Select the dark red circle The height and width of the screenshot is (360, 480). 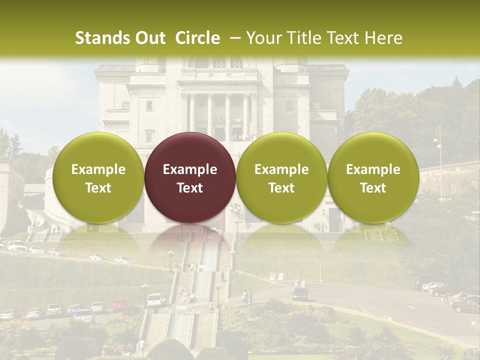[x=190, y=177]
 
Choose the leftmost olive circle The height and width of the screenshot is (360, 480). [x=98, y=177]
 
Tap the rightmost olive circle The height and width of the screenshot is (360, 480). [x=373, y=177]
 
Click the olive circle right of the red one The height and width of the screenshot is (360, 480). [x=281, y=177]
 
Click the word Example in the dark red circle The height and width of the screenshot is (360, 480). [x=190, y=169]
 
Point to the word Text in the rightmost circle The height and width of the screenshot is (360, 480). [x=373, y=188]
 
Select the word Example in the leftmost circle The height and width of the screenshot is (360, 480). [x=98, y=169]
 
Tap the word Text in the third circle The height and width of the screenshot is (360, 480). [x=281, y=188]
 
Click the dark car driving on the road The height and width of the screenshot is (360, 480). [x=300, y=294]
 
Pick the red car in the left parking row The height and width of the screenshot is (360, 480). [x=118, y=305]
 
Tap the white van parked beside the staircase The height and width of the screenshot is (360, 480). [x=156, y=299]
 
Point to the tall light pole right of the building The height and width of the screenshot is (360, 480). [x=439, y=155]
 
